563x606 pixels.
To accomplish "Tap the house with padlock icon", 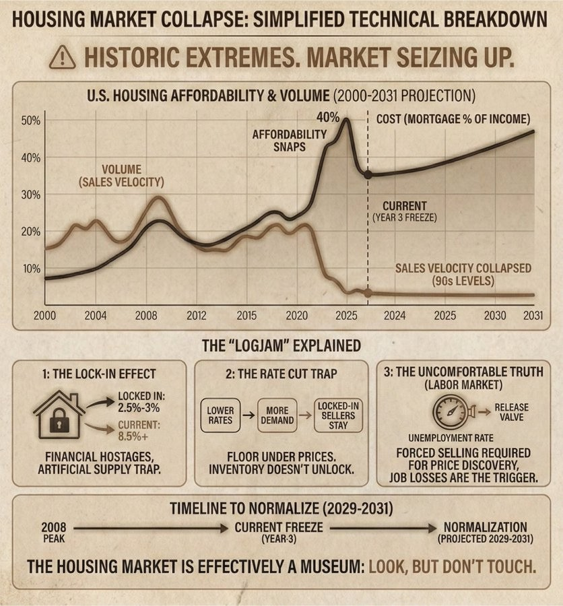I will (59, 415).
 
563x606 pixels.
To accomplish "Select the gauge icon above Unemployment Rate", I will (447, 411).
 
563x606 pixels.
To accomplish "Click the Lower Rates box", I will (220, 415).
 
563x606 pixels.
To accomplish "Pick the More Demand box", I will (277, 415).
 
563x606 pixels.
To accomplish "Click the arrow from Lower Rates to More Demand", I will (249, 415).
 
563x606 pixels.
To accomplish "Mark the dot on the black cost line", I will (368, 174).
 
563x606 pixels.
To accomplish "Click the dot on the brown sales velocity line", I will (368, 293).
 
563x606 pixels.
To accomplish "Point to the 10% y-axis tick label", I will (32, 269).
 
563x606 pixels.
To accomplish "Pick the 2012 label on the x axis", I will (196, 316).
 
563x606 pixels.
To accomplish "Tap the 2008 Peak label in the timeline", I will (53, 532).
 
